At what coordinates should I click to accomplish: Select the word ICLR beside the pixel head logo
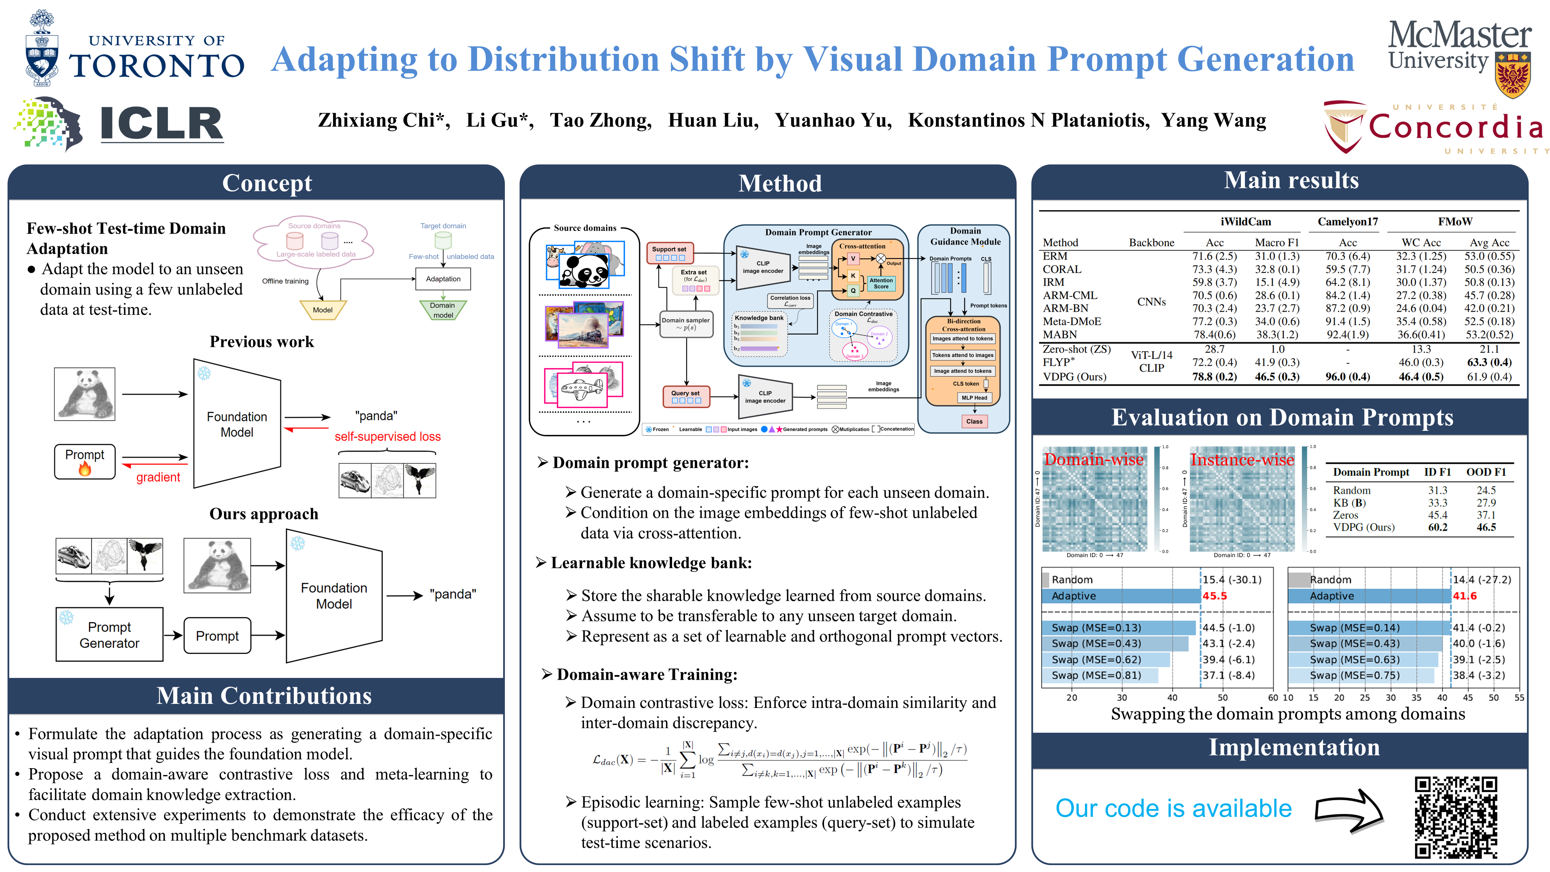161,124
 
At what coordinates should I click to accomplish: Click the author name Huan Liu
713,121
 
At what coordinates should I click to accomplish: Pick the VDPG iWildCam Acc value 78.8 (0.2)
1214,377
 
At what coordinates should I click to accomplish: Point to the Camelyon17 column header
1347,221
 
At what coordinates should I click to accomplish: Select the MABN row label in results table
1060,335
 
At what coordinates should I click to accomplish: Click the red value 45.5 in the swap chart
1214,596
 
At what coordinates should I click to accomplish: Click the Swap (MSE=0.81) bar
1100,675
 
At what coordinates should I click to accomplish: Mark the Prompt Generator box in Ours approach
110,635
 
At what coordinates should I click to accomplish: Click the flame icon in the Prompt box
85,469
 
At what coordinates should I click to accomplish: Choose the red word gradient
158,477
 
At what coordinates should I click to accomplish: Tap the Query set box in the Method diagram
686,396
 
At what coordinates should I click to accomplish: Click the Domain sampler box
686,324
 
